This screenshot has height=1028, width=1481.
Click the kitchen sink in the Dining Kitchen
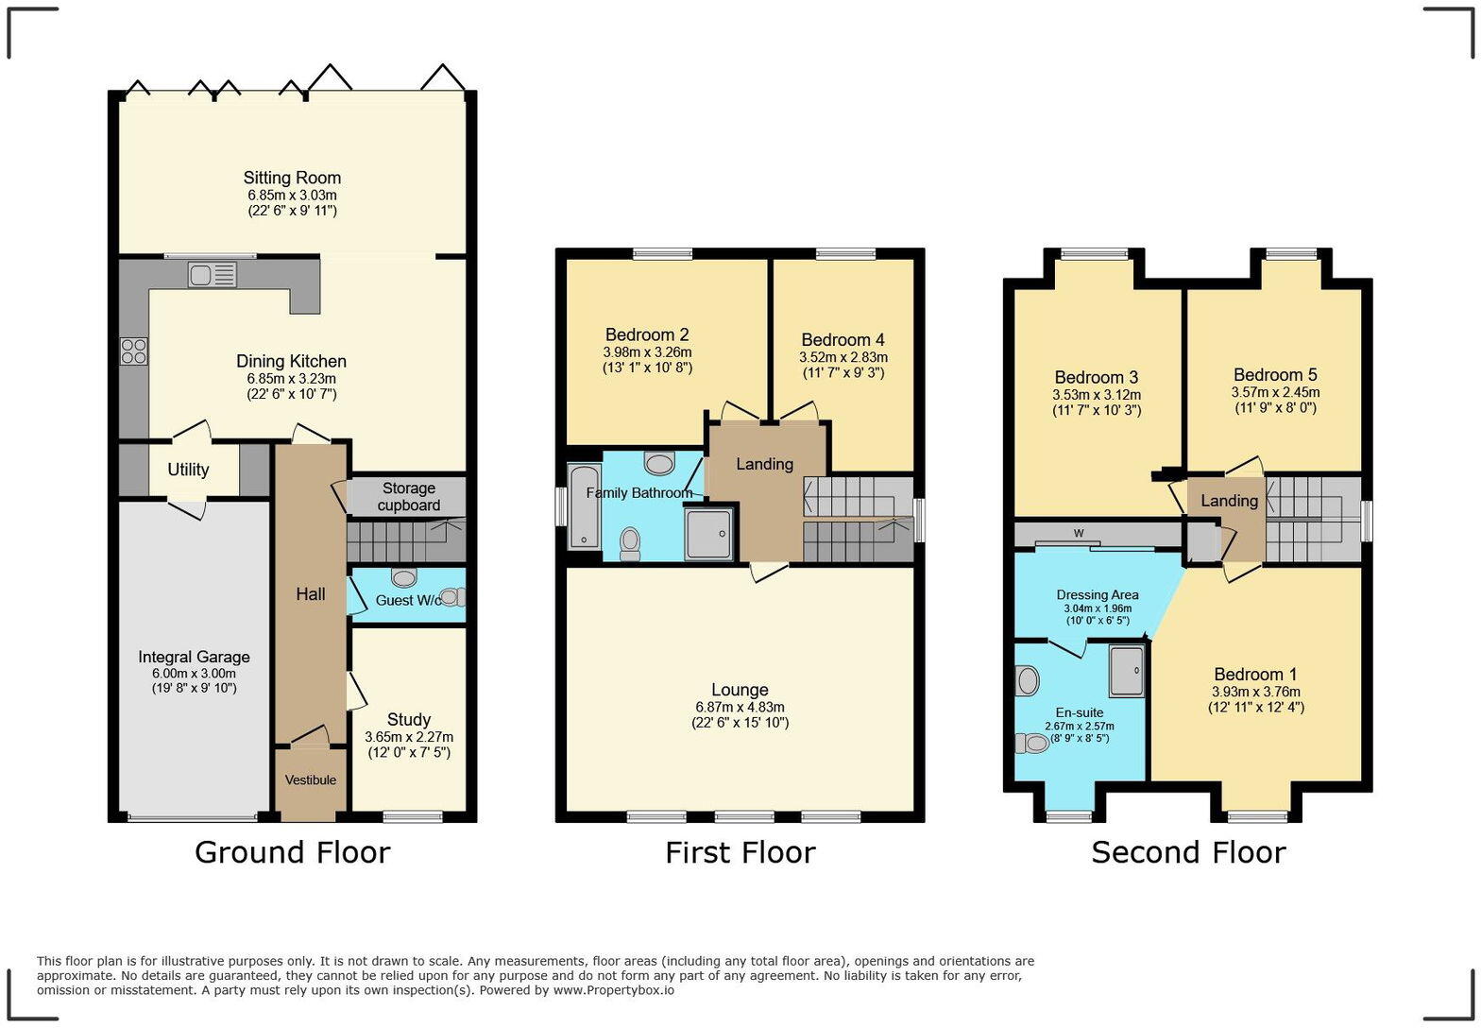click(x=212, y=275)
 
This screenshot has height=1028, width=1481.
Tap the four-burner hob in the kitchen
click(x=133, y=351)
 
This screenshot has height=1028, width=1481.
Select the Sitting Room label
click(x=292, y=178)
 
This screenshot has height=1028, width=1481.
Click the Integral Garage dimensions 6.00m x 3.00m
click(x=194, y=673)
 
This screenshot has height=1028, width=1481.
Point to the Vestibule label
click(x=311, y=780)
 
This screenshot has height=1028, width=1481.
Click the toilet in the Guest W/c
click(x=451, y=597)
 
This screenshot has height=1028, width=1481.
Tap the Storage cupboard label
click(x=408, y=496)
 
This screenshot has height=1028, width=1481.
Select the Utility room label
click(x=188, y=470)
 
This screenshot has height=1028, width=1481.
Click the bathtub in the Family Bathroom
click(x=583, y=507)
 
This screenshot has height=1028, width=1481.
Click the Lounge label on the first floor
click(x=740, y=690)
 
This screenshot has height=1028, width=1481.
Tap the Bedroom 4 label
click(x=843, y=340)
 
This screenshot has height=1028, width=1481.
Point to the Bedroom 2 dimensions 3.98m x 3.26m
click(x=647, y=351)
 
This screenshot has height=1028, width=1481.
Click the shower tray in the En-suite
click(x=1126, y=671)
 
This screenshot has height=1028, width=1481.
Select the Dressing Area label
click(x=1097, y=594)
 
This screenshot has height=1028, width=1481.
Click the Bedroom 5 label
click(x=1274, y=375)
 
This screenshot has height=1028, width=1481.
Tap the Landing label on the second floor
click(x=1229, y=501)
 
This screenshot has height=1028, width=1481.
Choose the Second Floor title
click(x=1188, y=852)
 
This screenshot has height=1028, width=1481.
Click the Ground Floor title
click(x=292, y=852)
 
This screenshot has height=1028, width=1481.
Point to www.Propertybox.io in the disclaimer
click(x=614, y=990)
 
